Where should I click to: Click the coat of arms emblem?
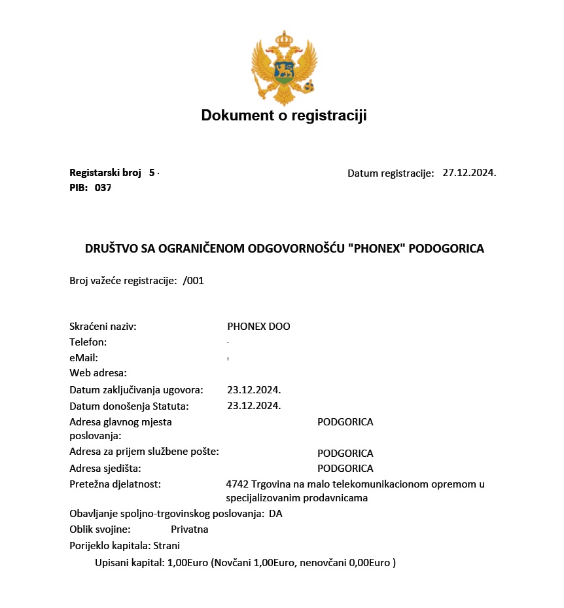pos(284,67)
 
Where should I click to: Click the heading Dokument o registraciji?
pos(284,116)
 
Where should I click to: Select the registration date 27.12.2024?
pos(469,173)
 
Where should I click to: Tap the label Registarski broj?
pos(105,173)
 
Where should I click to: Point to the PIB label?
pos(79,187)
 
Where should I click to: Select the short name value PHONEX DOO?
pos(258,326)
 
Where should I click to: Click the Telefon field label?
pos(88,342)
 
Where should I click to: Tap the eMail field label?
pos(84,357)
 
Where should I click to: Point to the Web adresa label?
pos(98,373)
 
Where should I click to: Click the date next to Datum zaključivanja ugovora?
pos(254,390)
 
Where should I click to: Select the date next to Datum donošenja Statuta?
pos(254,406)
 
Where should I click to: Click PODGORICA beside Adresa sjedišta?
pos(345,469)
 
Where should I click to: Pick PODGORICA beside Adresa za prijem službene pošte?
pos(345,453)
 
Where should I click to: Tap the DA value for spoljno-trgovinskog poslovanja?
pos(275,514)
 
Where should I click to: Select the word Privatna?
pos(189,529)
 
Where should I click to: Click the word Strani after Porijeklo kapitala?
pos(166,545)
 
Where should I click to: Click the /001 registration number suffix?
pos(194,280)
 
